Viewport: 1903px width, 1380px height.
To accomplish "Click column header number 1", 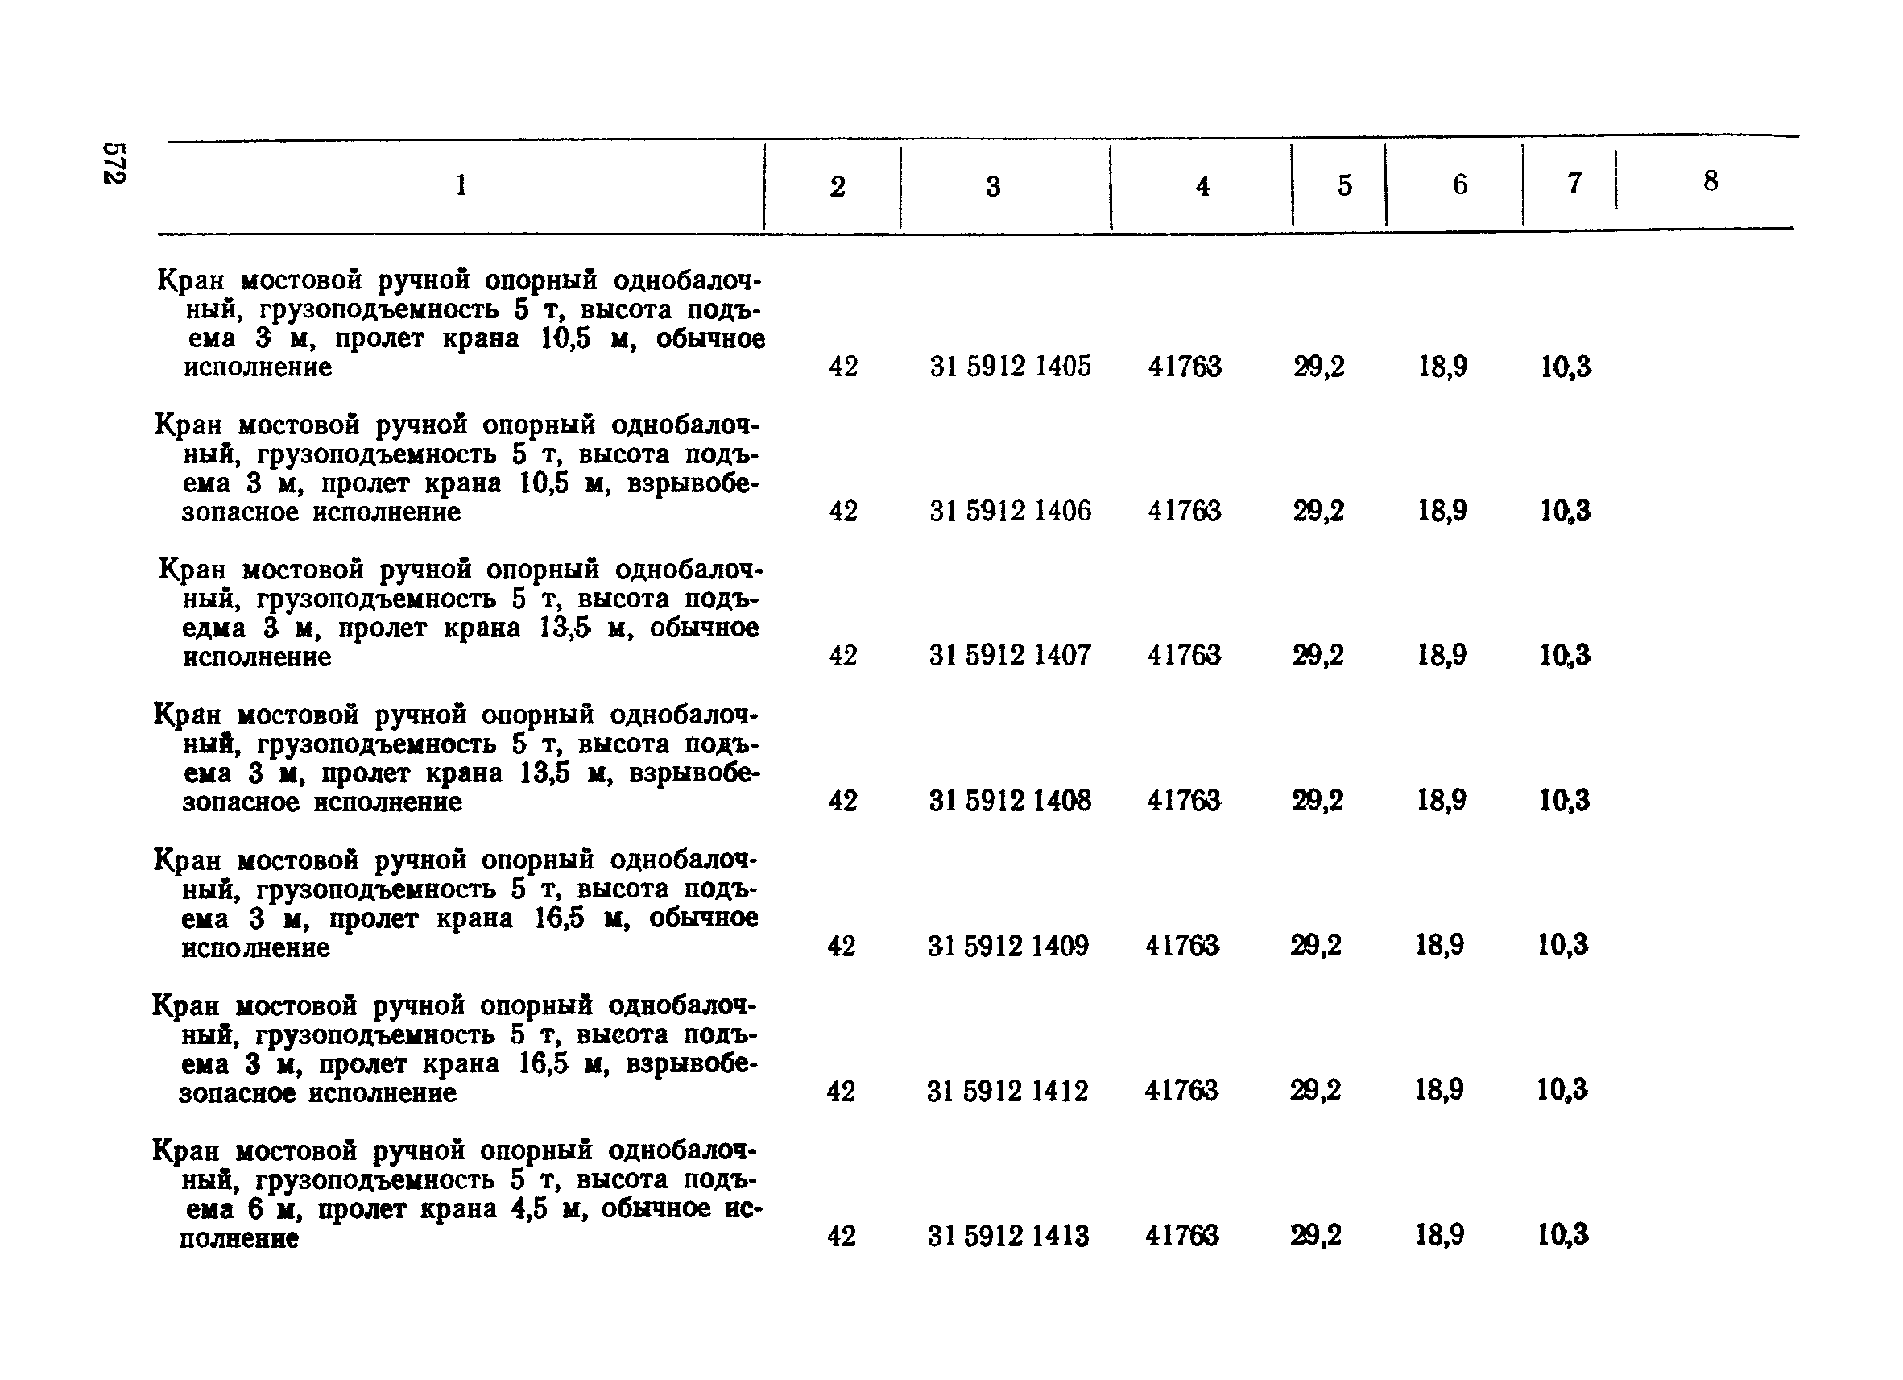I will tap(461, 184).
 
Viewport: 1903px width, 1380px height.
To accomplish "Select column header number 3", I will tap(994, 186).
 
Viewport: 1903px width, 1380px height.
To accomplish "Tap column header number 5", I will tap(1345, 185).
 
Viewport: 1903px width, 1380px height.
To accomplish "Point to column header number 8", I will tap(1711, 181).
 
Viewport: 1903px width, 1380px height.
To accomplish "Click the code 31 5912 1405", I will tap(1010, 367).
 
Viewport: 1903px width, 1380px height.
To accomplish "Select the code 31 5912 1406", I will tap(1010, 512).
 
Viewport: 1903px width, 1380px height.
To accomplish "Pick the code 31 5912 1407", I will tap(1010, 656).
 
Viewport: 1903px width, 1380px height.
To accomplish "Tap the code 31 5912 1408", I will tap(1010, 801).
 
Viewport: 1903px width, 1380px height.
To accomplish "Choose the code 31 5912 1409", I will tap(1008, 946).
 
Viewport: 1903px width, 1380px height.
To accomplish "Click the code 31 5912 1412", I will tap(1007, 1092).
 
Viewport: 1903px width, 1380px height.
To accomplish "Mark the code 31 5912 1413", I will tap(1008, 1236).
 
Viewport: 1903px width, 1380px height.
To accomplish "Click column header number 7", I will tap(1575, 183).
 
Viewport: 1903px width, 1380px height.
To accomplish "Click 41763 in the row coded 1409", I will tap(1182, 946).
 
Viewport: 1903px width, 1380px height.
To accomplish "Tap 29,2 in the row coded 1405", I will tap(1319, 367).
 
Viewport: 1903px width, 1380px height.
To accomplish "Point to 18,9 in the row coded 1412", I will tap(1440, 1091).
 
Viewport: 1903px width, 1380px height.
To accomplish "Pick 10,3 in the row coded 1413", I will tap(1563, 1235).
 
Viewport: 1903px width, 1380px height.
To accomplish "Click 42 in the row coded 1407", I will tap(843, 656).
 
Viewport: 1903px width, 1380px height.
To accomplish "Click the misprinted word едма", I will tap(214, 628).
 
